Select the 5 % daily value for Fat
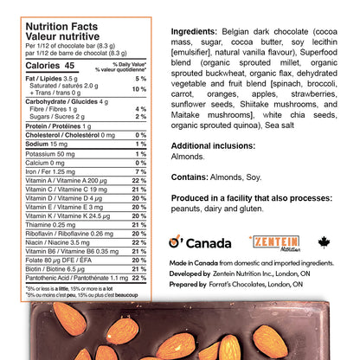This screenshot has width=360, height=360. point(141,79)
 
